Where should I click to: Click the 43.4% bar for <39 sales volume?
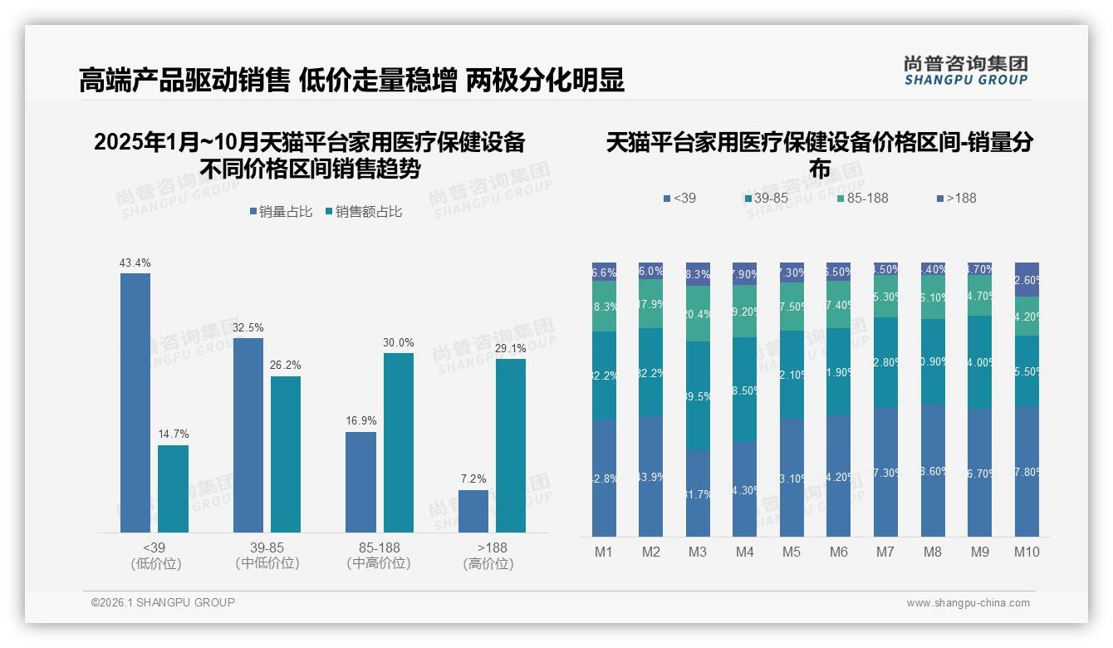point(135,403)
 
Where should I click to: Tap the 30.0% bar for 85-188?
point(398,443)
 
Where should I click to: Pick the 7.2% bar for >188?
point(473,511)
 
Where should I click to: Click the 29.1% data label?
point(510,349)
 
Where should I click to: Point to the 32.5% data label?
point(248,328)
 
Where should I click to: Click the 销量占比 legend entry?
point(281,212)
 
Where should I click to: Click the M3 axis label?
point(698,552)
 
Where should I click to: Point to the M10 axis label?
point(1027,552)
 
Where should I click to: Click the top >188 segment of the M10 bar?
point(1027,279)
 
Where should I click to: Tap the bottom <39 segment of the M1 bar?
point(604,478)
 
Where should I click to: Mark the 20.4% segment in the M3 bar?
point(698,313)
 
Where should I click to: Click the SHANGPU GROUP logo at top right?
point(966,71)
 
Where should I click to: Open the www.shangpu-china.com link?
point(968,603)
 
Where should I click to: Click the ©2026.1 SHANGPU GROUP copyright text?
point(163,602)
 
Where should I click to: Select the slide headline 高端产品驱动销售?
point(184,81)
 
